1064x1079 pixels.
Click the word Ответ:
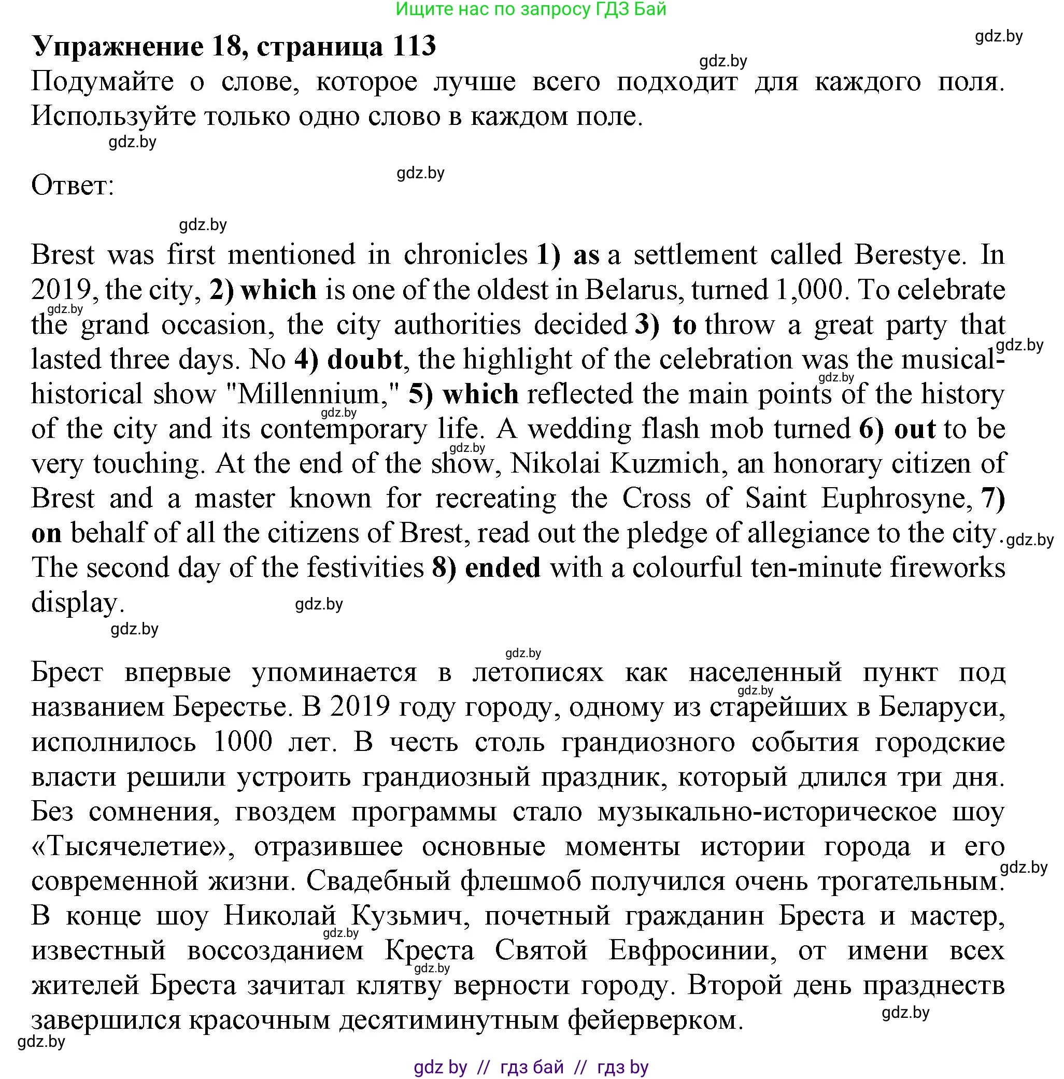[73, 186]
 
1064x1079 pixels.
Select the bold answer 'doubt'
[365, 360]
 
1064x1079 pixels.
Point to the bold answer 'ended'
[503, 568]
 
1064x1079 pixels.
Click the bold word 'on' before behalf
[46, 533]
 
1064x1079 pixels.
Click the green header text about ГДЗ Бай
[531, 9]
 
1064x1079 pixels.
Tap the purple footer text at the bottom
[531, 1067]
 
